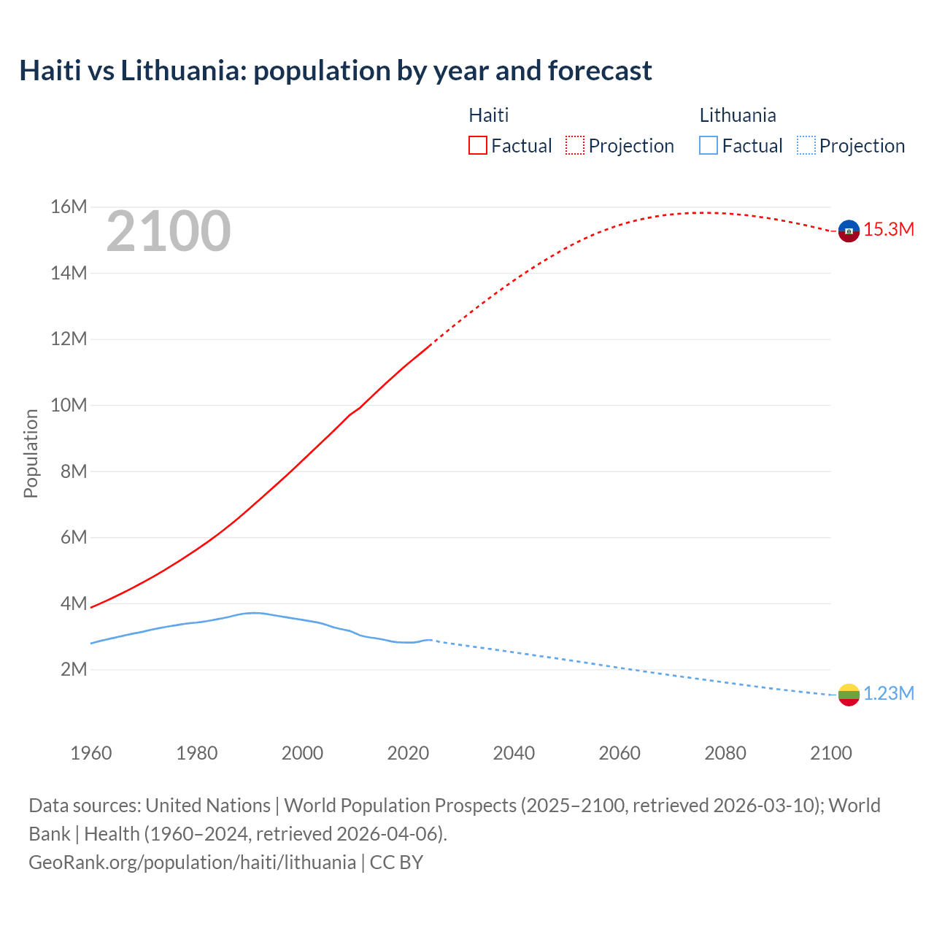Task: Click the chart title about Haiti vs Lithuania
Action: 336,71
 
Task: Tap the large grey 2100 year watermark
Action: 169,231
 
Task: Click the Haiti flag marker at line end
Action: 849,231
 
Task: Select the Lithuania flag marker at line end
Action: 849,695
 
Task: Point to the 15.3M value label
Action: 889,230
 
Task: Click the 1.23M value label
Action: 889,694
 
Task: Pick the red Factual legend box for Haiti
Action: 478,146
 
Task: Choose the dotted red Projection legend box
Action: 575,146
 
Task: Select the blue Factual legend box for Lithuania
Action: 709,146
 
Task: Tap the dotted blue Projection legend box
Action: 806,146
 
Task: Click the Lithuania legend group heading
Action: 738,115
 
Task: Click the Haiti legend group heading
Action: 488,115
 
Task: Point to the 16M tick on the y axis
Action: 69,207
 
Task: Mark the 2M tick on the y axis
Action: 73,670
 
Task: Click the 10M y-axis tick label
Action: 69,406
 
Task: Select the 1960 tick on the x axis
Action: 91,753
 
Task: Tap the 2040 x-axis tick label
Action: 514,753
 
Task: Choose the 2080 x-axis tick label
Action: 725,753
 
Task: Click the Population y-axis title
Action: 31,453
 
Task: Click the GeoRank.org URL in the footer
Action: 192,862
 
